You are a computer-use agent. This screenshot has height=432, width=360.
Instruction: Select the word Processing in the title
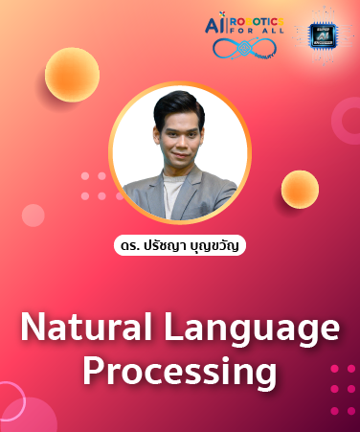tap(179, 371)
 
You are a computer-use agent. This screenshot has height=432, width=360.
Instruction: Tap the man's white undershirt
tap(173, 195)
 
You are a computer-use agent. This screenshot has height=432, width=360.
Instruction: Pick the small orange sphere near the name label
tap(300, 189)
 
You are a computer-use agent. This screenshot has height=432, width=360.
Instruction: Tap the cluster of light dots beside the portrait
tap(93, 186)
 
